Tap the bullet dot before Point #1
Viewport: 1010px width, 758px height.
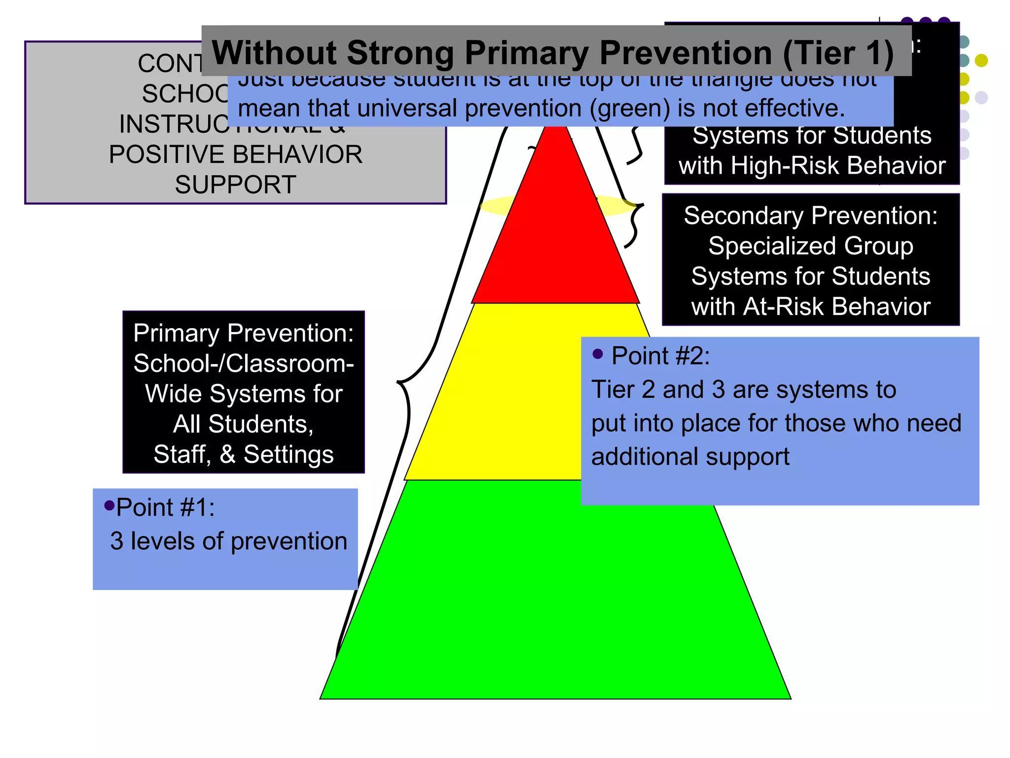click(x=109, y=505)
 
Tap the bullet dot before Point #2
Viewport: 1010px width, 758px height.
click(x=598, y=354)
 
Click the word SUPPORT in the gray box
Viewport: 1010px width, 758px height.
click(x=236, y=185)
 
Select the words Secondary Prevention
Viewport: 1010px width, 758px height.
click(x=810, y=216)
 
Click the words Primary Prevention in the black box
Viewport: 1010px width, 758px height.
click(x=243, y=333)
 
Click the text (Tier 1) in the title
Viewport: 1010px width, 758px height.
click(x=838, y=53)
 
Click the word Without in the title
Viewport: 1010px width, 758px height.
click(x=274, y=53)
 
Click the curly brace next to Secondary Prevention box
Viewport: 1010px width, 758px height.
click(x=634, y=225)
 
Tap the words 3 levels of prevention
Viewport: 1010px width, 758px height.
click(x=228, y=541)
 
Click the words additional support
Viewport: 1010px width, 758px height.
click(x=690, y=456)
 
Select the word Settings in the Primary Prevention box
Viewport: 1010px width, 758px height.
click(x=289, y=455)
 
